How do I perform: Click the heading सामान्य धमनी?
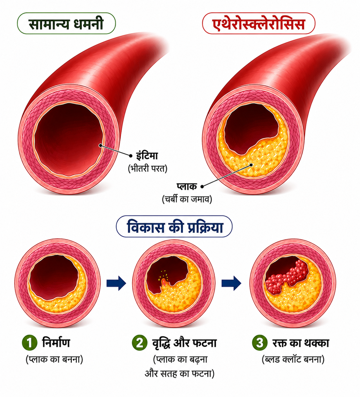coord(66,24)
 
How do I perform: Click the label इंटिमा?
coord(147,156)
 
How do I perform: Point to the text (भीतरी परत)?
coord(148,169)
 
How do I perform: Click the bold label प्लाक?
coord(187,186)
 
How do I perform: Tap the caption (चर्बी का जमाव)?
coord(187,199)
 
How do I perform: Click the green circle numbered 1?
coord(30,342)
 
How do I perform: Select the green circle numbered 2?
coord(140,342)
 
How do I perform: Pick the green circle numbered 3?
coord(260,342)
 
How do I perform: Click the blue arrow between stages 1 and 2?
coord(116,283)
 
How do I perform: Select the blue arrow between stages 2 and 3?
coord(231,283)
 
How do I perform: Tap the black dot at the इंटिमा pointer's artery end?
coord(100,146)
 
